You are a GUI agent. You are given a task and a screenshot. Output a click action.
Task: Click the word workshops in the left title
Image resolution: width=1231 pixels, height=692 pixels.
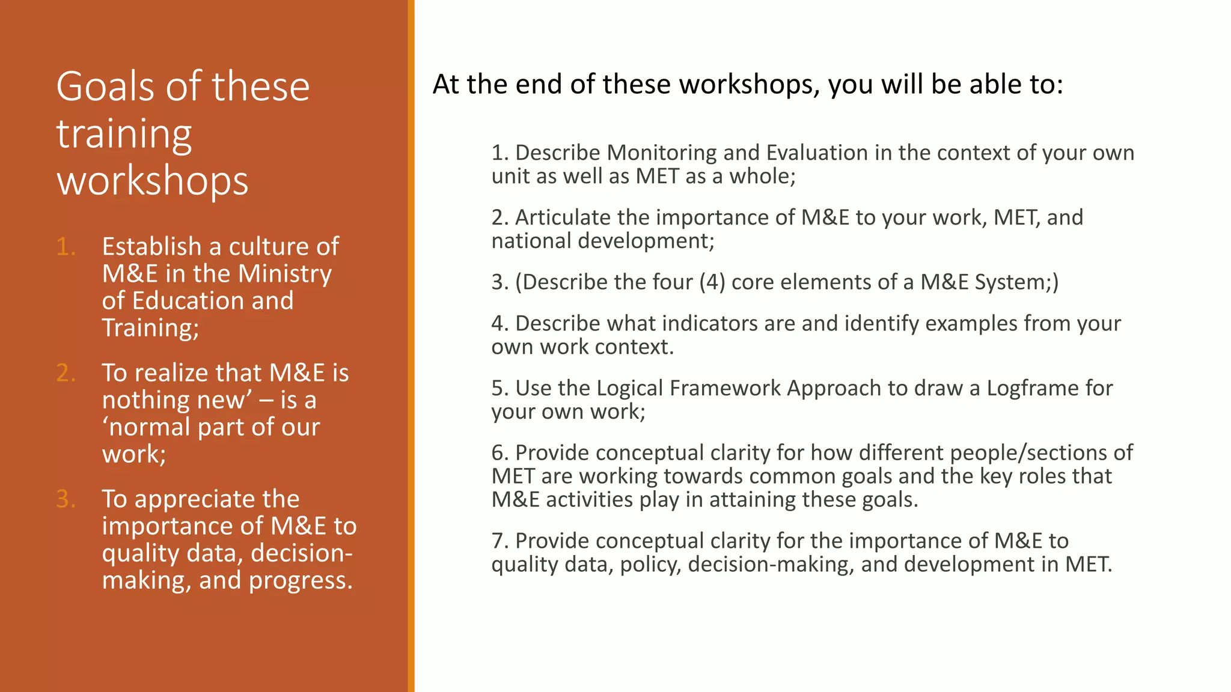pyautogui.click(x=152, y=181)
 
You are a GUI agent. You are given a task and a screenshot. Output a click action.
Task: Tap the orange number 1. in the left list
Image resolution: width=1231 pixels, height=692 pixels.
pyautogui.click(x=66, y=247)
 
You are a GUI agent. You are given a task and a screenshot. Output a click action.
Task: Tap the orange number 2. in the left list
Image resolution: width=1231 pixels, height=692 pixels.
pyautogui.click(x=66, y=373)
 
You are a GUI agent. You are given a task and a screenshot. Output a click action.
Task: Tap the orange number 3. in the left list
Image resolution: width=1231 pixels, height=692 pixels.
pyautogui.click(x=66, y=499)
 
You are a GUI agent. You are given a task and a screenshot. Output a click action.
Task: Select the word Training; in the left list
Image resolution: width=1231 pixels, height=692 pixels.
pyautogui.click(x=150, y=328)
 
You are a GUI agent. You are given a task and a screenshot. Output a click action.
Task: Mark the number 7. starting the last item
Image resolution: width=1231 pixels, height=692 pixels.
pyautogui.click(x=499, y=541)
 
